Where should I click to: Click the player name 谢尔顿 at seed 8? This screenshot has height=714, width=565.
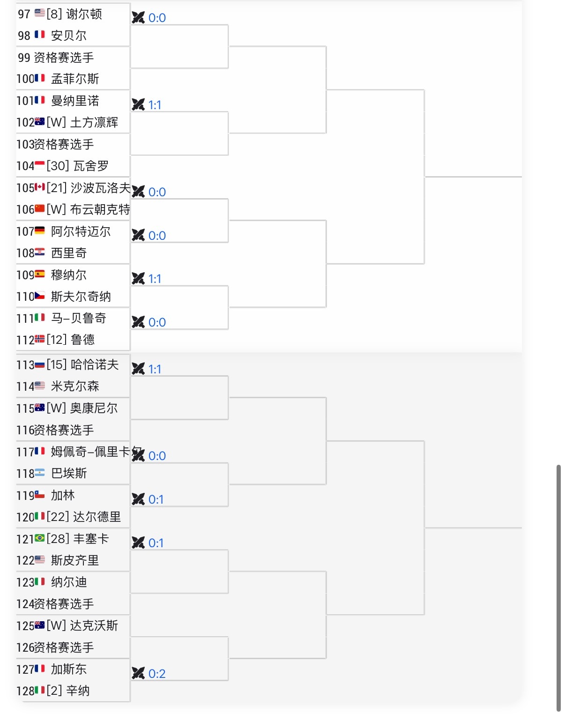click(84, 14)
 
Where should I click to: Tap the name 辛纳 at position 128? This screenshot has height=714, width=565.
click(78, 691)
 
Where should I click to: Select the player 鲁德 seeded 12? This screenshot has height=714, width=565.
click(82, 340)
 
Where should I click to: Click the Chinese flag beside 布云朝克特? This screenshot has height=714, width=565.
click(40, 209)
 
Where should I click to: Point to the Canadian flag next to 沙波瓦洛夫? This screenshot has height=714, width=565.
click(40, 187)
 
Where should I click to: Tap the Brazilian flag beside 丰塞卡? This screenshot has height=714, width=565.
click(40, 538)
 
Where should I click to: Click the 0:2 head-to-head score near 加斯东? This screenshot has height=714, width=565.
click(157, 674)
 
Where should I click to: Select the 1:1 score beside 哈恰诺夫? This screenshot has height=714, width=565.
click(155, 369)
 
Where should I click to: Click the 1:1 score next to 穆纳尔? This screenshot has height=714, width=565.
click(155, 279)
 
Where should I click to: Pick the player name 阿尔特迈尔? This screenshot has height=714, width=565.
click(81, 231)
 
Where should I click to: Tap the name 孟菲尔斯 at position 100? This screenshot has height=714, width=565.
click(75, 79)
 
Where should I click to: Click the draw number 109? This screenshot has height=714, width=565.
click(25, 275)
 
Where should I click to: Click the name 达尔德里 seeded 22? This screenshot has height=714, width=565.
click(97, 517)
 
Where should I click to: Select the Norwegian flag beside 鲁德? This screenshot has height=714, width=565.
click(40, 339)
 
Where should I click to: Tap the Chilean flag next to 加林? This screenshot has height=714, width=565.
click(40, 494)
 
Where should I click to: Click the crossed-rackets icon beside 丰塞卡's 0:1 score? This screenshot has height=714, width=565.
click(138, 543)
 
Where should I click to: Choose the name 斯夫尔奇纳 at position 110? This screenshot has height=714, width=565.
click(81, 297)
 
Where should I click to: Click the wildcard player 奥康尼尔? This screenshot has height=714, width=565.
click(94, 408)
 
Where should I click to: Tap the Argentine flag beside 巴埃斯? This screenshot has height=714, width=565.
click(40, 473)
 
